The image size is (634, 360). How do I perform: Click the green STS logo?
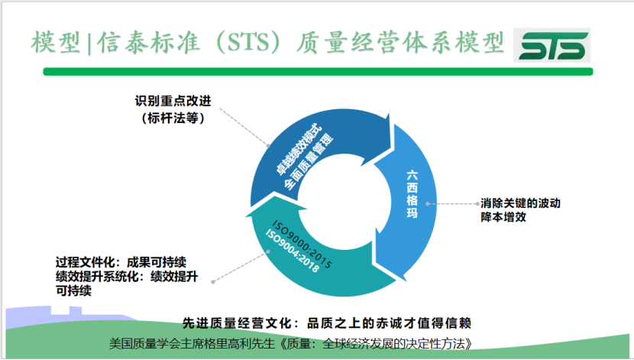pos(552,45)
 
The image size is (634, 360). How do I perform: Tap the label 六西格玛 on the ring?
pos(412,194)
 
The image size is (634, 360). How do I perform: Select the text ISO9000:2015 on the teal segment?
pos(302,245)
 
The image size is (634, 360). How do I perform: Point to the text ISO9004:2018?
pos(292,251)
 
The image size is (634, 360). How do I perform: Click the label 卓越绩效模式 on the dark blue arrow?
pos(299,151)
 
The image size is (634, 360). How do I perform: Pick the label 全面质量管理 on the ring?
pos(309,162)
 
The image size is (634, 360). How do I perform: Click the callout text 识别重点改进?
pos(173,101)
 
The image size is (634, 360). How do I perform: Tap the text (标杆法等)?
pos(173,118)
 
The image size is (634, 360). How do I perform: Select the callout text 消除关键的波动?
pos(520,203)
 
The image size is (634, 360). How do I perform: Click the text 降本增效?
pos(503,217)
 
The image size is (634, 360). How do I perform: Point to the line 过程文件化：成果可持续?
pos(121,262)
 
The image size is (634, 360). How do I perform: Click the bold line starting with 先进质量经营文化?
pos(327,323)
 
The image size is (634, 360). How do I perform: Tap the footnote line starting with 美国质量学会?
pos(291,344)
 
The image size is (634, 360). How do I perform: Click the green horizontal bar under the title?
pos(318,72)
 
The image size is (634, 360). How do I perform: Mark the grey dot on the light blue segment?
pos(428,204)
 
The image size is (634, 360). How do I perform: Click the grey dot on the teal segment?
pos(268,251)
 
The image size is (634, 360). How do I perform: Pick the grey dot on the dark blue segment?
pos(268,145)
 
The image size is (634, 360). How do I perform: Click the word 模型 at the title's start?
pos(57,43)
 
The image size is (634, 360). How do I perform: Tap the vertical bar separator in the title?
pos(89,43)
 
